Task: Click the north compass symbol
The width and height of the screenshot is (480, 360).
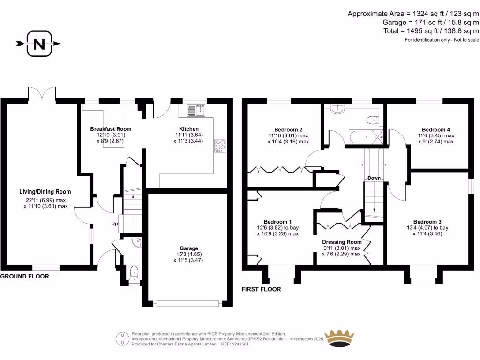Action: (39, 44)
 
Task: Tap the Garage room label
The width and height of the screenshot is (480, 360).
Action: (189, 248)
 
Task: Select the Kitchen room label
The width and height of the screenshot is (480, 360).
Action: (189, 129)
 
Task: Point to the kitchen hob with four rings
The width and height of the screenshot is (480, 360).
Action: (220, 145)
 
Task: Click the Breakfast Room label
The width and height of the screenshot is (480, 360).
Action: (111, 129)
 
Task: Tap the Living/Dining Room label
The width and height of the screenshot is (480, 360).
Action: (45, 192)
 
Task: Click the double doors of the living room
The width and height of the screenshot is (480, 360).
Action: (43, 93)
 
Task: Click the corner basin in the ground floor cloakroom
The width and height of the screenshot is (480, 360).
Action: (137, 242)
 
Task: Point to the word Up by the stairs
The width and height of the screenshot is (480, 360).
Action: (114, 224)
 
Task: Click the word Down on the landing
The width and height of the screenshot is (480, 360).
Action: (374, 178)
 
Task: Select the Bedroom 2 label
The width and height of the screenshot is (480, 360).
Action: (288, 130)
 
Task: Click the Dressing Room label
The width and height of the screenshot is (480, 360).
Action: (342, 242)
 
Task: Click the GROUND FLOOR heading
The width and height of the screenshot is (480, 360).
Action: (24, 277)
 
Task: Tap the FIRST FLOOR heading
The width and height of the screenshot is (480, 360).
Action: (261, 289)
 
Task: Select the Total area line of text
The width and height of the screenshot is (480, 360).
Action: (431, 30)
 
